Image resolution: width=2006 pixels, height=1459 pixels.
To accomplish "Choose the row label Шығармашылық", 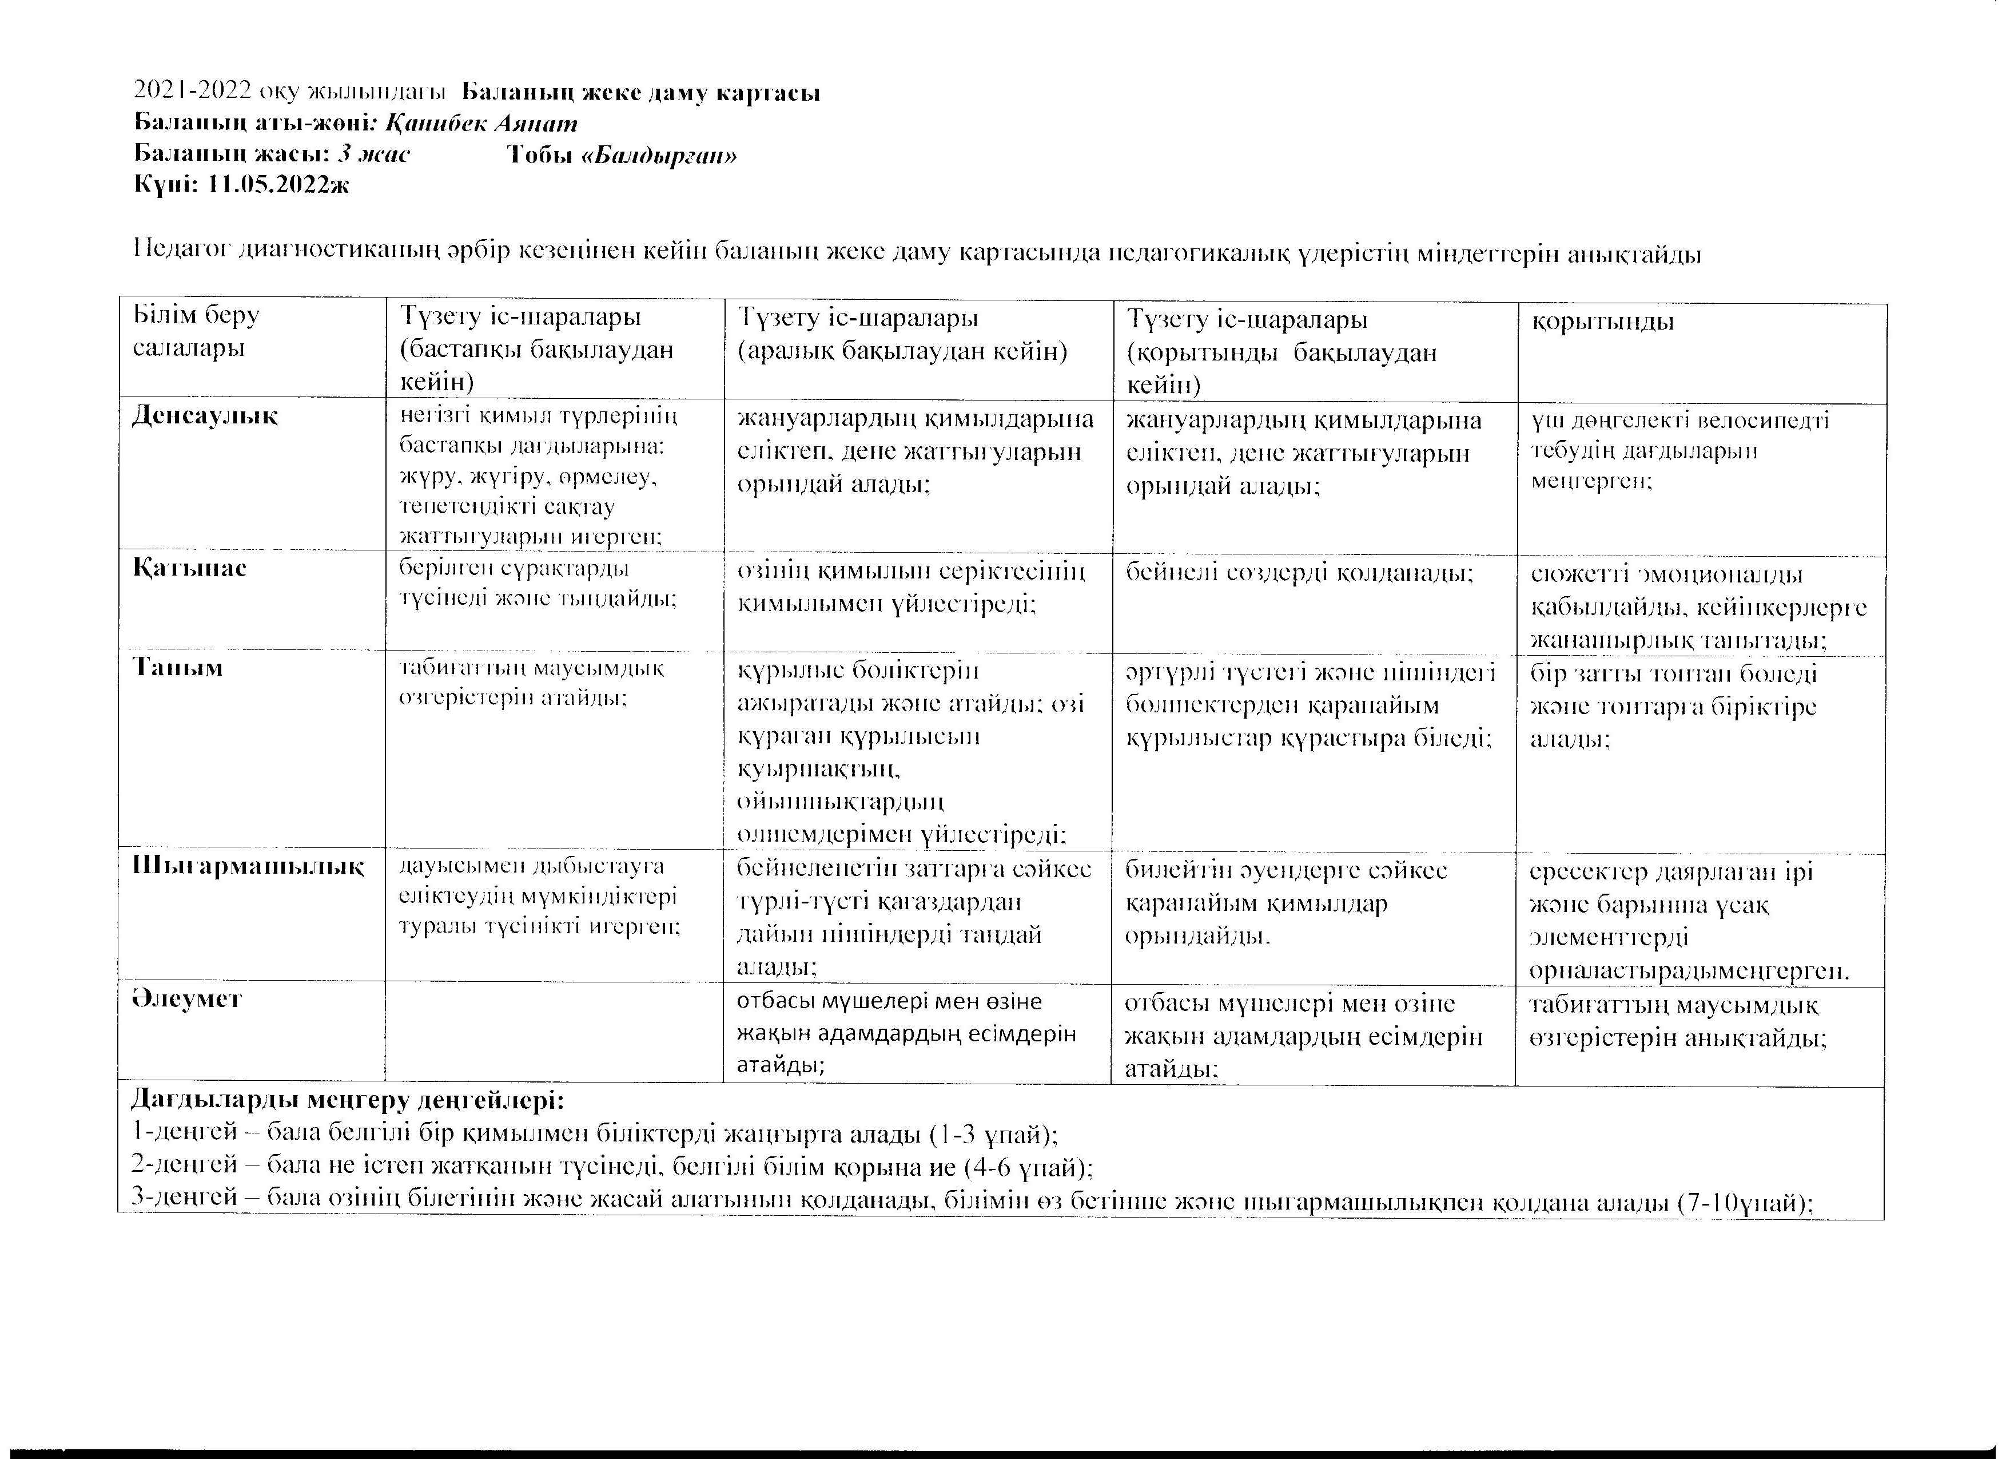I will pos(248,865).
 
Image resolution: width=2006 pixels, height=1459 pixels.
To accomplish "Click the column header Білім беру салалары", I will pos(196,331).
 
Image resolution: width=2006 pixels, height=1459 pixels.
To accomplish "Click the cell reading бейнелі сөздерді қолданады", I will pos(1299,573).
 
